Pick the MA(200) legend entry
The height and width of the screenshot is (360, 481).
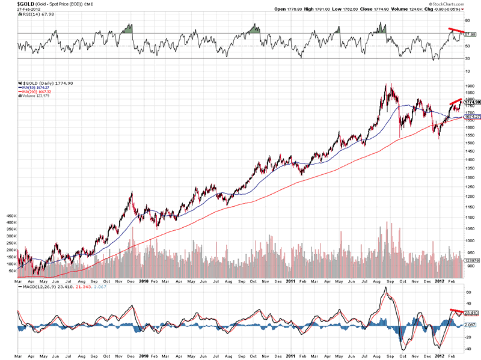pyautogui.click(x=37, y=92)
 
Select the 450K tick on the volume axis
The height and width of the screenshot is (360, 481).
pyautogui.click(x=11, y=215)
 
